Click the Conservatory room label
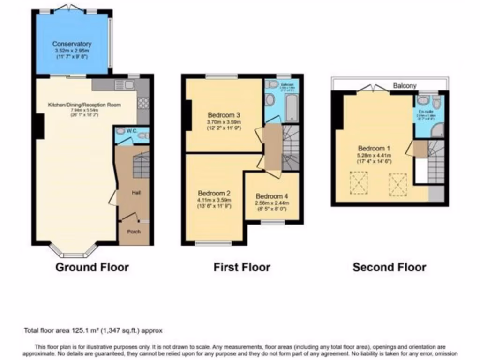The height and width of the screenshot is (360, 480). point(72,44)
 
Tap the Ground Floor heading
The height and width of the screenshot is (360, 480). point(92,268)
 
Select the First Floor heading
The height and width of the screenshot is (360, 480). point(242,268)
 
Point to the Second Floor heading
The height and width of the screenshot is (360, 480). point(389,268)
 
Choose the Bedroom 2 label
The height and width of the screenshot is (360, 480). point(214,193)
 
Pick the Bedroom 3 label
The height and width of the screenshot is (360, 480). point(224,114)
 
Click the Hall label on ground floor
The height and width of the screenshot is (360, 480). point(136,193)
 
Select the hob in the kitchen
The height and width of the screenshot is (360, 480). point(143,104)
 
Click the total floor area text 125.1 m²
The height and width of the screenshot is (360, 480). point(93,330)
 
